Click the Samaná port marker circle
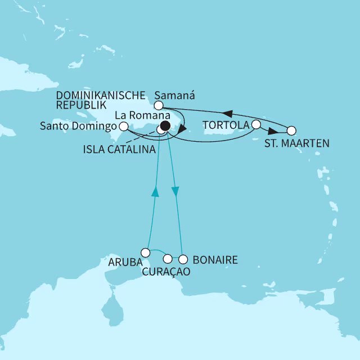pyautogui.click(x=159, y=105)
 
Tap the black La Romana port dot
pyautogui.click(x=165, y=126)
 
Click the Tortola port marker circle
pyautogui.click(x=256, y=124)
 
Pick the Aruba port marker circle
pyautogui.click(x=146, y=252)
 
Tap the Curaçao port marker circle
pyautogui.click(x=167, y=259)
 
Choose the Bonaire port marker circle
pyautogui.click(x=182, y=259)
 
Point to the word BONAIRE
pyautogui.click(x=215, y=260)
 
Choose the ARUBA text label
pyautogui.click(x=123, y=262)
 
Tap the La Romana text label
pyautogui.click(x=136, y=115)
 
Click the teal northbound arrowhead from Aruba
pyautogui.click(x=155, y=192)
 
